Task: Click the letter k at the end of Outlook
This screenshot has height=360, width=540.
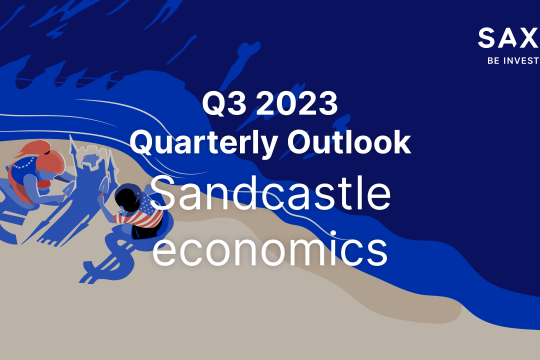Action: pyautogui.click(x=402, y=142)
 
